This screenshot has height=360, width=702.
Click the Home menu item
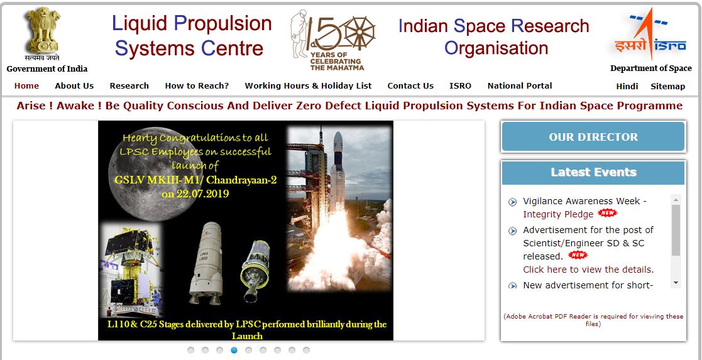point(26,86)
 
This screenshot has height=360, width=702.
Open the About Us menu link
point(74,86)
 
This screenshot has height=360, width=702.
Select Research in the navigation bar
point(129,86)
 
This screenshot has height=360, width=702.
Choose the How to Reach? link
point(197,86)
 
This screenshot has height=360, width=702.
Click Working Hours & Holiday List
point(308,86)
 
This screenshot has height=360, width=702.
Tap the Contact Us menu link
point(410,86)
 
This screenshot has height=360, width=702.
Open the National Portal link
point(520,86)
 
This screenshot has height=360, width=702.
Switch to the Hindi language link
point(627,87)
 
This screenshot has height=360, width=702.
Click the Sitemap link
point(668,87)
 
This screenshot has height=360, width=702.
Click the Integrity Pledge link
point(558,214)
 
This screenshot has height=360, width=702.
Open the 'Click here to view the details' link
point(588,270)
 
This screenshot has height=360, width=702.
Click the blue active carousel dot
point(234,350)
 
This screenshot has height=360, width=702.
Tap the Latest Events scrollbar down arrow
point(676,283)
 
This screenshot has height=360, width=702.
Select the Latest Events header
point(593,172)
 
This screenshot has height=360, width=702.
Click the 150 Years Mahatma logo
point(332,40)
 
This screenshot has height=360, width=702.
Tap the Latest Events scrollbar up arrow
point(676,200)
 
